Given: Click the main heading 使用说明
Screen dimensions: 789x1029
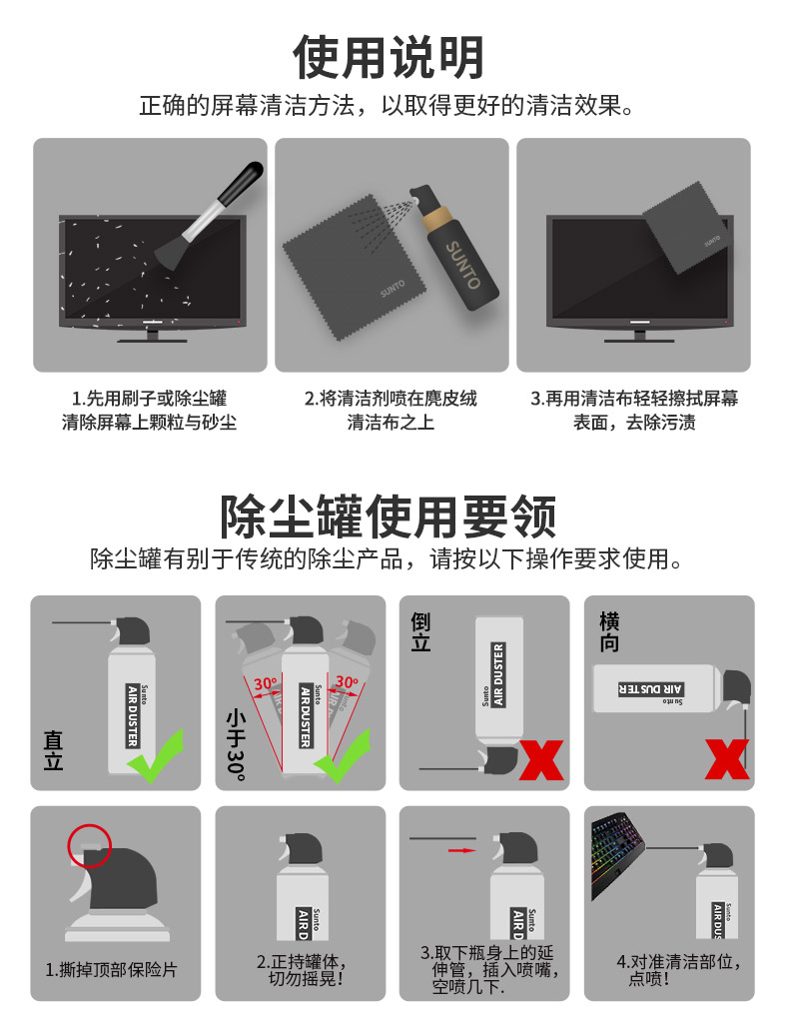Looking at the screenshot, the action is tap(389, 57).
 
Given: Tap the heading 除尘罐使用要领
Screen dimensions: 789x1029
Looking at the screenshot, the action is tap(389, 516).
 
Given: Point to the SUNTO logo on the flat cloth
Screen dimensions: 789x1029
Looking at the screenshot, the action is tap(393, 288).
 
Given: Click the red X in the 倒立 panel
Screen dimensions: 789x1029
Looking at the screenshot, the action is tap(541, 760).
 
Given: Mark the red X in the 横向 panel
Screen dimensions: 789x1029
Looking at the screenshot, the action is tap(727, 759).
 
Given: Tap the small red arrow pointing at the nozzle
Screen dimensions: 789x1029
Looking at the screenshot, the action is tap(461, 850).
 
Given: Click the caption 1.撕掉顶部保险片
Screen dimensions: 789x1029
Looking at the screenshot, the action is tap(111, 969).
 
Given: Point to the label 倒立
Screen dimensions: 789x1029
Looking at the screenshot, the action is tap(421, 632).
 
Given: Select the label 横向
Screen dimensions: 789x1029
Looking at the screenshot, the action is tap(609, 632).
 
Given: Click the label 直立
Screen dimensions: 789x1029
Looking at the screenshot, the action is tap(53, 750).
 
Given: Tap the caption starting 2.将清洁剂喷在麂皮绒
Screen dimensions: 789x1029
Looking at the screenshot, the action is tap(391, 411).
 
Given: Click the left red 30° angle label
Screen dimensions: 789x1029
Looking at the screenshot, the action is tap(265, 683).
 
